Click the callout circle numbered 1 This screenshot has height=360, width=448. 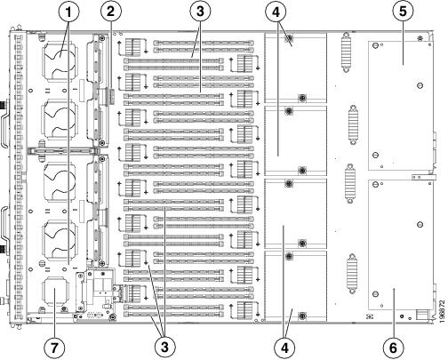click(68, 12)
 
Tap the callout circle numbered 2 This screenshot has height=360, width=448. click(111, 12)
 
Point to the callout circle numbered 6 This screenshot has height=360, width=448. click(393, 348)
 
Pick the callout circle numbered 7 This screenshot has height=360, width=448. click(54, 347)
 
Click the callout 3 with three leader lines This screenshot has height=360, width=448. click(164, 347)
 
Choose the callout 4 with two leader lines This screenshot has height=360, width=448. click(284, 348)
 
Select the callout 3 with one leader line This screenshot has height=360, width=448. click(200, 12)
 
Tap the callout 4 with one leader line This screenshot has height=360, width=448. click(276, 12)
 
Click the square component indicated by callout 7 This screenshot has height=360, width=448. click(55, 292)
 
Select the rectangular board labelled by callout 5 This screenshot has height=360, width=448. click(400, 106)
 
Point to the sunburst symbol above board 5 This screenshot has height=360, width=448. click(420, 38)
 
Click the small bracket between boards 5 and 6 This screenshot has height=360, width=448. click(424, 177)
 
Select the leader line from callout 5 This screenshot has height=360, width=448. click(403, 43)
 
